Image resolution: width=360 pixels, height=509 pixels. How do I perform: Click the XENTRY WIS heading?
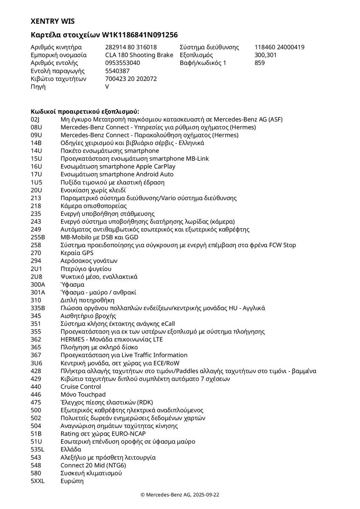(x=53, y=21)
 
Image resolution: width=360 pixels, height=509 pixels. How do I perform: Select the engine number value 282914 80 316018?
(x=131, y=47)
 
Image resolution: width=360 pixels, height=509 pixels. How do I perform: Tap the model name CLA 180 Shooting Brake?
(x=139, y=55)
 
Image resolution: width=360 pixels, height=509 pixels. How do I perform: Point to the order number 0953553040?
(x=123, y=63)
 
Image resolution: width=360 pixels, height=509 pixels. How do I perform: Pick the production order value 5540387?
(x=117, y=71)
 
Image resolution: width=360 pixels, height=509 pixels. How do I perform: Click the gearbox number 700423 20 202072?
(x=131, y=78)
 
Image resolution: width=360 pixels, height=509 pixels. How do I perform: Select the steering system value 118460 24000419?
(x=279, y=47)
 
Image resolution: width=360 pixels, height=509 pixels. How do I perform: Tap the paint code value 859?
(x=260, y=63)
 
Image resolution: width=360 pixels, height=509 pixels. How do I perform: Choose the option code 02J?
(x=35, y=120)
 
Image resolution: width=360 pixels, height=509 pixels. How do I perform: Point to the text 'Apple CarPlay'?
(x=156, y=166)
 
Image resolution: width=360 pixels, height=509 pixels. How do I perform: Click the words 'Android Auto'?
(x=154, y=174)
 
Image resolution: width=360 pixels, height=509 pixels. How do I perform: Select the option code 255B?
(x=38, y=237)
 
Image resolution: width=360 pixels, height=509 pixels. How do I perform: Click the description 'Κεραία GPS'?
(x=77, y=253)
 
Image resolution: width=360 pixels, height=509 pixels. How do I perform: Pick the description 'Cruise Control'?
(x=81, y=387)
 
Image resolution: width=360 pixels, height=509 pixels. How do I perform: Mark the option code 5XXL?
(x=38, y=481)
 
